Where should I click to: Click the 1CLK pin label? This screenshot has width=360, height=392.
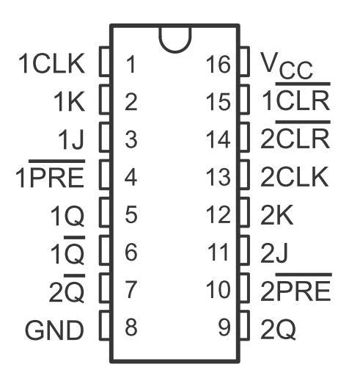[51, 64]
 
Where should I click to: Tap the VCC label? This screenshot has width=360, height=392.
[287, 65]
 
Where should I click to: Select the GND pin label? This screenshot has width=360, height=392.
[55, 330]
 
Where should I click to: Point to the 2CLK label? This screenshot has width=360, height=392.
[295, 177]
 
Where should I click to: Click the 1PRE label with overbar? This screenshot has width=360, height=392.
[50, 173]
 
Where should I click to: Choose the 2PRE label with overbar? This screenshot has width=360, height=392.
[296, 287]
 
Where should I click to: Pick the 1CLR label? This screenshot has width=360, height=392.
[296, 97]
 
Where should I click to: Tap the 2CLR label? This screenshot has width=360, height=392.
[295, 134]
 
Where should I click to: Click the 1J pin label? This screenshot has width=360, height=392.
[71, 139]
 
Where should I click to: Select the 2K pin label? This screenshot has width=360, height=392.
[276, 215]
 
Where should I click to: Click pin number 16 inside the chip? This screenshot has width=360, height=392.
[218, 65]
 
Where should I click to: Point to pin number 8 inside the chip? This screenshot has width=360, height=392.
[131, 327]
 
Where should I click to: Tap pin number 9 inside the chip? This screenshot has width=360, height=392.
[224, 327]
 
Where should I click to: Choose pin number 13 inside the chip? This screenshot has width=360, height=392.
[218, 177]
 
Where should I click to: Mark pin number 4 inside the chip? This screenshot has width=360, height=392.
[131, 177]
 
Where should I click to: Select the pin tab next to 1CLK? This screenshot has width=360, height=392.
[105, 62]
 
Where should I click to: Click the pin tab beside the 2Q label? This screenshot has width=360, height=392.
[244, 325]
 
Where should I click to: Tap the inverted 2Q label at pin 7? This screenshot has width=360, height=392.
[67, 288]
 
